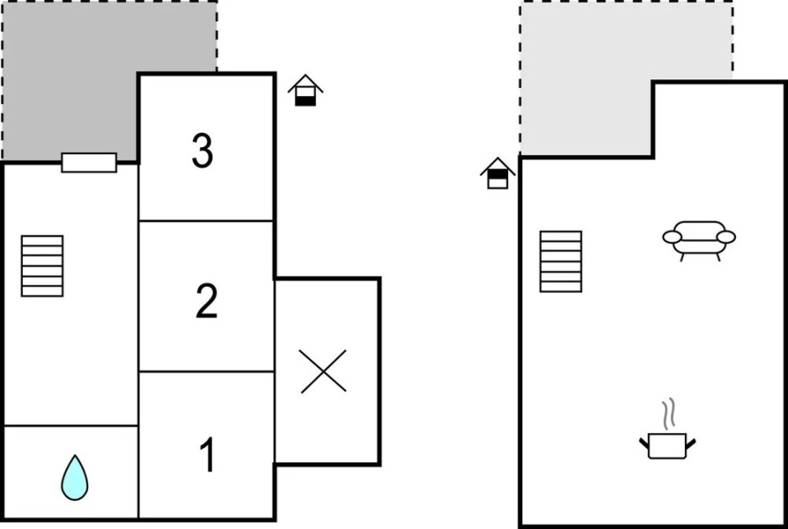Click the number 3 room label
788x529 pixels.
pyautogui.click(x=202, y=151)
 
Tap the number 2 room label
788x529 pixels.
pyautogui.click(x=206, y=301)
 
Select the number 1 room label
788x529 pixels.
pyautogui.click(x=207, y=454)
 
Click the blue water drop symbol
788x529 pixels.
pyautogui.click(x=74, y=478)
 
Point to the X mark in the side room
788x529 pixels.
pyautogui.click(x=323, y=371)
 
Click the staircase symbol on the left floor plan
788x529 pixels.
pyautogui.click(x=42, y=266)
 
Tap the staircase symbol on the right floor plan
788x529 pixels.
pyautogui.click(x=561, y=262)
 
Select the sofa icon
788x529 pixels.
pyautogui.click(x=699, y=241)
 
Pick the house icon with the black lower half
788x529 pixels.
pyautogui.click(x=305, y=90)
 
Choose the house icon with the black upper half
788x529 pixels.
pyautogui.click(x=498, y=173)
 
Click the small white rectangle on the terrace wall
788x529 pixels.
pyautogui.click(x=89, y=162)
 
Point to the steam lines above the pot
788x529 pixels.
pyautogui.click(x=668, y=414)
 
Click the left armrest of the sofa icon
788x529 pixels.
pyautogui.click(x=672, y=237)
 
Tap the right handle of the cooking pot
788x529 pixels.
pyautogui.click(x=691, y=443)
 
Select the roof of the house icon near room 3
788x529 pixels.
pyautogui.click(x=305, y=83)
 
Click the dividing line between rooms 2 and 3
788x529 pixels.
pyautogui.click(x=206, y=220)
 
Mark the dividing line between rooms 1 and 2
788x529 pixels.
pyautogui.click(x=206, y=371)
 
